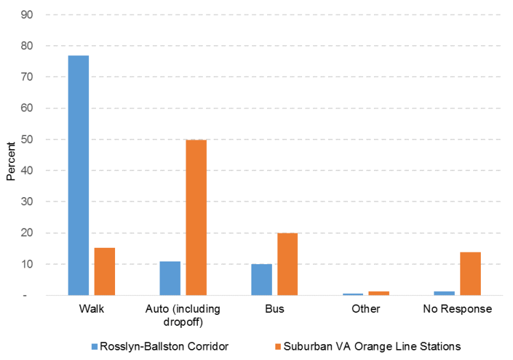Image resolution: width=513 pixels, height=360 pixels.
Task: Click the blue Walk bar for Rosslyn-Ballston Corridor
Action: tap(78, 175)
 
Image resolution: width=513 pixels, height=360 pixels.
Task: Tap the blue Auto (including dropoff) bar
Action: tap(170, 278)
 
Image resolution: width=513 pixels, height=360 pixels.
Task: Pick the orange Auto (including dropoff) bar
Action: tap(196, 217)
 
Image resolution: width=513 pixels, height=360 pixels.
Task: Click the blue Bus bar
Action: tap(261, 279)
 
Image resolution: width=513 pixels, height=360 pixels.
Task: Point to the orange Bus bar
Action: tap(287, 263)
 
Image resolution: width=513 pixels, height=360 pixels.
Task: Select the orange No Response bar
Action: tap(470, 273)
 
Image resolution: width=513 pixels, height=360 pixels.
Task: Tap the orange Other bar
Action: tap(379, 293)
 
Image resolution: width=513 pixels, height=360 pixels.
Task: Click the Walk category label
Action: tap(91, 309)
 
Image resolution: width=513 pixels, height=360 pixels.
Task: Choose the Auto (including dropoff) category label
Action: tap(183, 315)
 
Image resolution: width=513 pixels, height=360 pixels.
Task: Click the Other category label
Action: tap(366, 309)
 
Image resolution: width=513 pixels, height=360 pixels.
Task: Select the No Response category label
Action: tap(457, 309)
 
